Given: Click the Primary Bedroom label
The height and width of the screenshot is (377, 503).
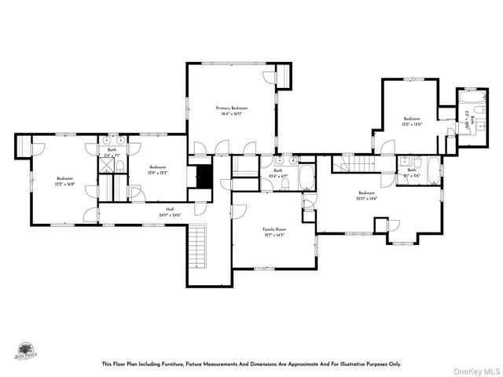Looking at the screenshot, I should click(x=232, y=108).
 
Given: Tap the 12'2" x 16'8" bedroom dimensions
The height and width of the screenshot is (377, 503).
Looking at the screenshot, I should click(x=64, y=183).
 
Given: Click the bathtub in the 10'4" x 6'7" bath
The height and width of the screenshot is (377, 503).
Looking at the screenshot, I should click(x=307, y=177).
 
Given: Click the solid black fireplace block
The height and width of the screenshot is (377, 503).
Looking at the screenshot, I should click(x=204, y=177).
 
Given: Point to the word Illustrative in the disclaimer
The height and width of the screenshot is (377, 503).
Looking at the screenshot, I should click(x=354, y=364).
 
